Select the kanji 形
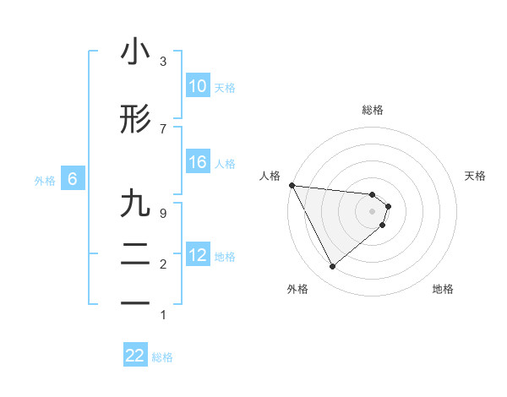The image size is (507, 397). pyautogui.click(x=135, y=121)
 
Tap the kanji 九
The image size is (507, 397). pyautogui.click(x=135, y=205)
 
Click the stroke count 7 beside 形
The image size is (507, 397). pyautogui.click(x=162, y=128)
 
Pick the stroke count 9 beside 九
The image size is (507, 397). pyautogui.click(x=162, y=213)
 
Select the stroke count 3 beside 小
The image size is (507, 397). pyautogui.click(x=162, y=62)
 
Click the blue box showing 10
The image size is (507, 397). pyautogui.click(x=197, y=86)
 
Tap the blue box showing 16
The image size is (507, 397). pyautogui.click(x=197, y=162)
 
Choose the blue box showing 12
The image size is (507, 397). pyautogui.click(x=197, y=255)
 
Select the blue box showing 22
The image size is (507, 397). pyautogui.click(x=135, y=356)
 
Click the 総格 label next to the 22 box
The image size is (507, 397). pyautogui.click(x=162, y=357)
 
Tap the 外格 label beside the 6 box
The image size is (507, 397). pyautogui.click(x=45, y=180)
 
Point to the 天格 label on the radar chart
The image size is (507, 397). pyautogui.click(x=476, y=176)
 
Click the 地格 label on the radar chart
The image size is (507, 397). pyautogui.click(x=443, y=289)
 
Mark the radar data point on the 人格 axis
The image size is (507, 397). pyautogui.click(x=292, y=185)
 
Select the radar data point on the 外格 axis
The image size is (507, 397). pyautogui.click(x=332, y=267)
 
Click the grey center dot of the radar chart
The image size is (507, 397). pyautogui.click(x=373, y=211)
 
